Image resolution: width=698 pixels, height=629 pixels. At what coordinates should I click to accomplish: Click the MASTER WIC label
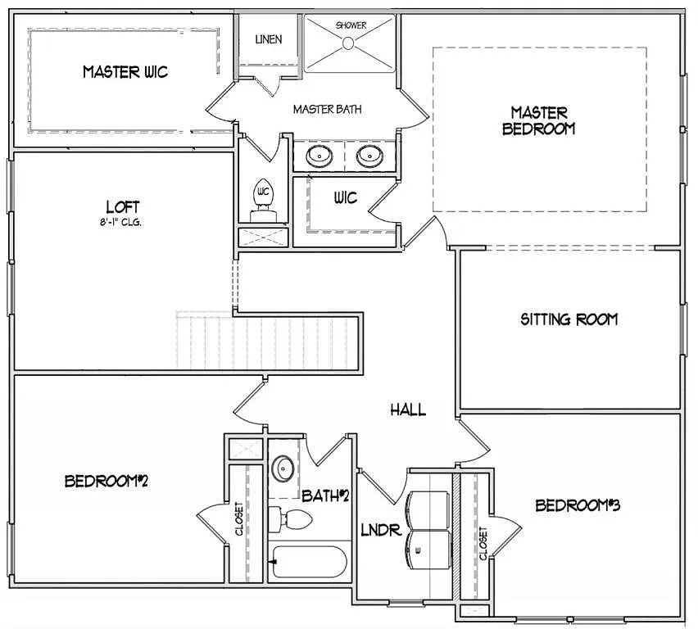coord(125,72)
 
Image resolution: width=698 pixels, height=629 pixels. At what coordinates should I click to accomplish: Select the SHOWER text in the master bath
coord(351,25)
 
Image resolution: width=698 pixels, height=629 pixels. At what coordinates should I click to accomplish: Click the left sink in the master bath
coord(318,156)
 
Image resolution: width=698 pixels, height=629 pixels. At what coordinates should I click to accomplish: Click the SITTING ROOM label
coord(569,319)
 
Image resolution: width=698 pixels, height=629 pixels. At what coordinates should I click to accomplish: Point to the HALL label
coord(407,410)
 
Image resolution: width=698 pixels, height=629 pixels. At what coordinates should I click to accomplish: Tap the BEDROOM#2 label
coord(106,482)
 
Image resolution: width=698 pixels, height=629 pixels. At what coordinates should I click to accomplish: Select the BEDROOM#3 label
coord(578,505)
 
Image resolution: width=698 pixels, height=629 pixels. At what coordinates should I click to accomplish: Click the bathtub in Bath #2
coord(309,562)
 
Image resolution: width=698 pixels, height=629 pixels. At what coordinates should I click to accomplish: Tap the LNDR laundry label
coord(381,531)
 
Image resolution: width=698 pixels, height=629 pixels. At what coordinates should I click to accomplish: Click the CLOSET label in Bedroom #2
coord(239,518)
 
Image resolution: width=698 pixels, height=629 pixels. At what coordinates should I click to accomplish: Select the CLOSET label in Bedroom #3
coord(483,543)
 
